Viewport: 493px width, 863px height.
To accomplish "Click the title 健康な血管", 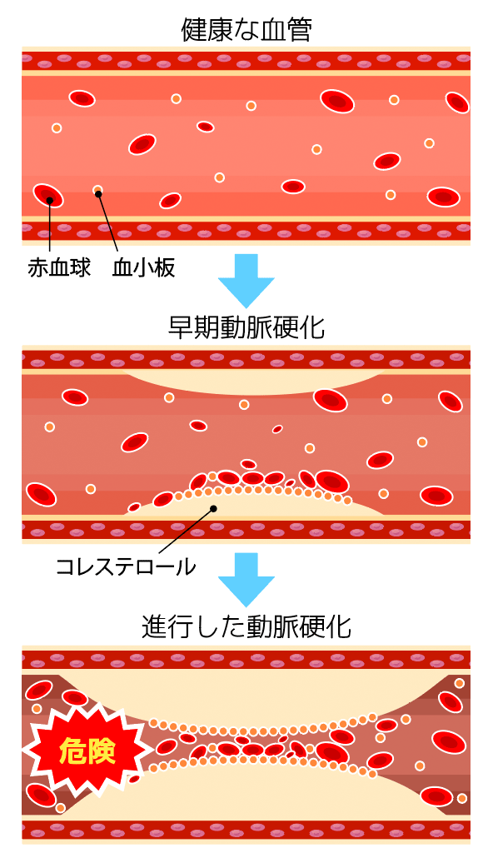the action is pos(246,32).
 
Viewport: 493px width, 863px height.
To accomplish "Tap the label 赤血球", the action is pos(59,268).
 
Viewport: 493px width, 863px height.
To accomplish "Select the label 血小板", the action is pos(143,268).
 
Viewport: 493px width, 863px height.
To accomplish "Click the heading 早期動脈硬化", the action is pos(246,329).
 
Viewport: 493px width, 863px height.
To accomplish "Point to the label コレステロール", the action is pos(126,566).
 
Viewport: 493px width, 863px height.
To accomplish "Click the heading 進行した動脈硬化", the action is pos(246,627).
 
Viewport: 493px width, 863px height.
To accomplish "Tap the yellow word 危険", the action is pos(87,752).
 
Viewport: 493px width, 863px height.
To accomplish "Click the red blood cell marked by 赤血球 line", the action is pos(47,195).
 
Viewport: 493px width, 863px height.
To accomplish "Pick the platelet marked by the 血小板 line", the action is pos(97,191).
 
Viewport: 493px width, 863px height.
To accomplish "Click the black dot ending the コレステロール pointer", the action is pos(213,508).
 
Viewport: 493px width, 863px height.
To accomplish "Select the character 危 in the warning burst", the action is pos(72,752).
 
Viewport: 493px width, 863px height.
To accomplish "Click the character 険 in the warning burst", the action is pos(102,752).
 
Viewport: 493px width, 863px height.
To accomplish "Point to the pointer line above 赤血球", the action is pos(49,227).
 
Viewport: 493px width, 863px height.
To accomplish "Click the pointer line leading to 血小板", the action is pos(108,224).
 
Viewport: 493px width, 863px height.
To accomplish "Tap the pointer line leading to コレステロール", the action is pos(187,531).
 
